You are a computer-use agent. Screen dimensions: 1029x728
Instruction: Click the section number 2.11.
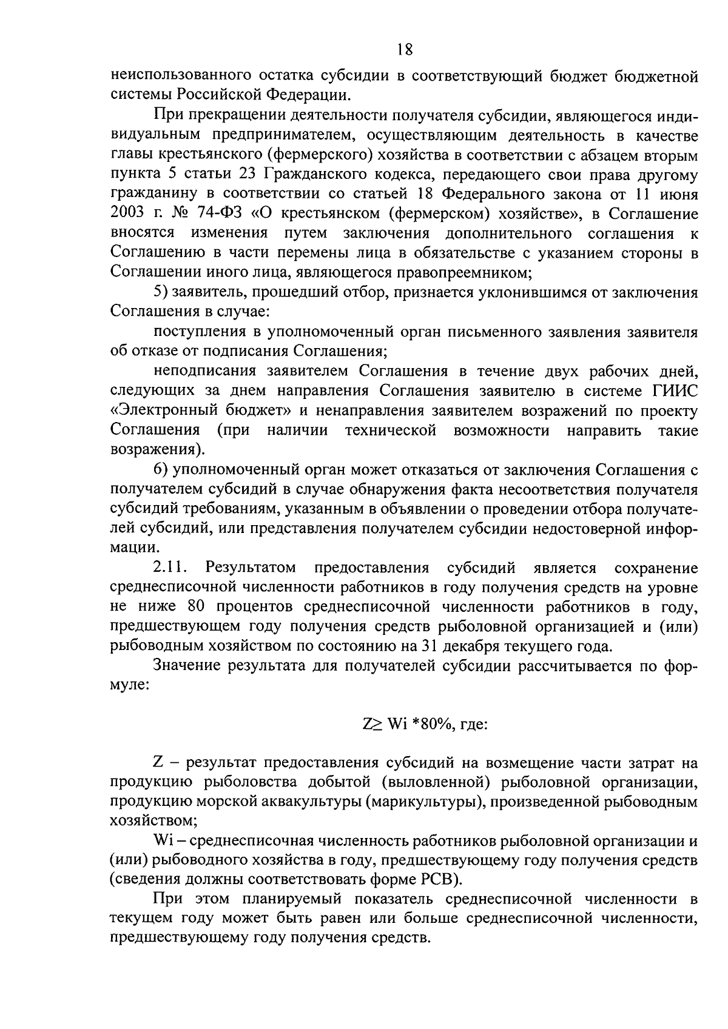[x=172, y=568]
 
